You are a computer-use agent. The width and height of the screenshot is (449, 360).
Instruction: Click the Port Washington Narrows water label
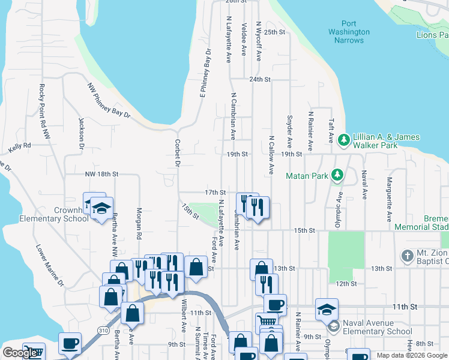coord(349,32)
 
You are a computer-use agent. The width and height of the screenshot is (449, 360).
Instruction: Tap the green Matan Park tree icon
coord(338,175)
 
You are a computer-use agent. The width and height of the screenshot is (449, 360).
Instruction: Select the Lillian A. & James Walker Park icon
coord(343,140)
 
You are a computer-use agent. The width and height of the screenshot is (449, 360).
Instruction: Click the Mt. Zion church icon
coord(407,255)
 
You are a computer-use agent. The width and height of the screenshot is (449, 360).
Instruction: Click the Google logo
coord(20,353)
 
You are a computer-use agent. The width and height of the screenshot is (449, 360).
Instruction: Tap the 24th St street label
coord(260,79)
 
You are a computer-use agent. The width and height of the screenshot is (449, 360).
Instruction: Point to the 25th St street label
coord(274,32)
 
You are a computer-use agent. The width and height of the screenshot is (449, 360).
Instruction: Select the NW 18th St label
coord(101,174)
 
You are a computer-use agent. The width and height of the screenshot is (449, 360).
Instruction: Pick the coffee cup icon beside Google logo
coord(70,343)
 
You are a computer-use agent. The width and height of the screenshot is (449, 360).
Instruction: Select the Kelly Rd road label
coord(19,147)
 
